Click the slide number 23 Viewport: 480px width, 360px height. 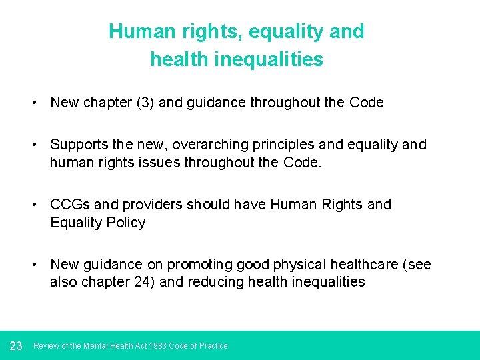(17, 345)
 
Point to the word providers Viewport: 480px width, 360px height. (161, 205)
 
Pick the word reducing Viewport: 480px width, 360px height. (215, 282)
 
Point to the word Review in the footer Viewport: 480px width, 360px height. (46, 346)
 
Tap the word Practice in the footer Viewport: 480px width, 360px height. (213, 346)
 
